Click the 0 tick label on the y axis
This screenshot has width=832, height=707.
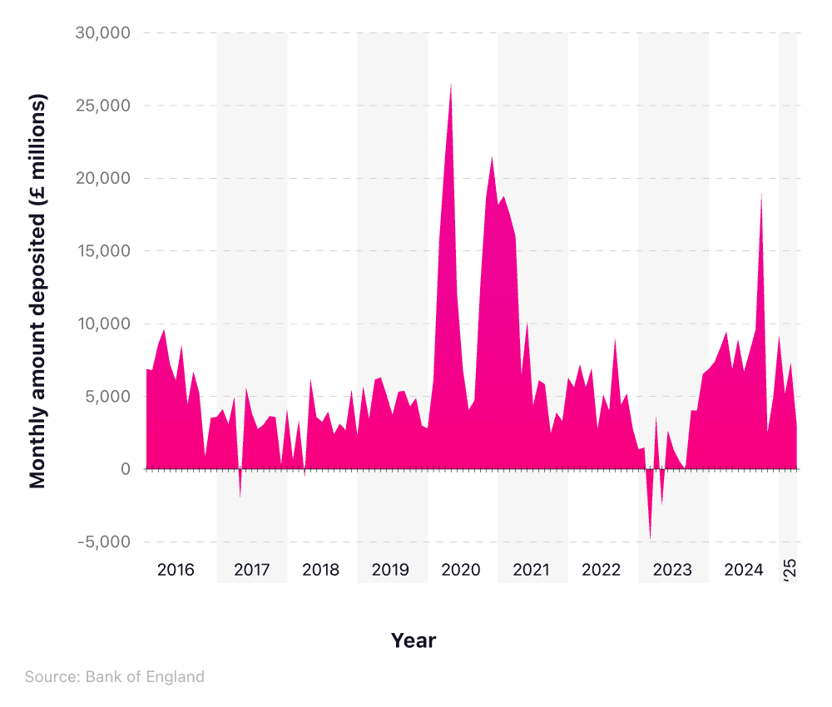[x=125, y=469]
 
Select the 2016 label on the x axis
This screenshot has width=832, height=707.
[x=176, y=570]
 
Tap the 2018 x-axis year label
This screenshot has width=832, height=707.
[x=321, y=570]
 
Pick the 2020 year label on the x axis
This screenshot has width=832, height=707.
[x=461, y=570]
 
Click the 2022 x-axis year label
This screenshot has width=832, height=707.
[x=602, y=570]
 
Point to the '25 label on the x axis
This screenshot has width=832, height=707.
[x=790, y=570]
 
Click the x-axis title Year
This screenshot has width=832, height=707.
[x=414, y=640]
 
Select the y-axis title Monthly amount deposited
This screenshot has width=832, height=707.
[x=38, y=291]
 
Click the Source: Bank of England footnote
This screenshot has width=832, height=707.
[x=114, y=676]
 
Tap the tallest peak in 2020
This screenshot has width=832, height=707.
[x=451, y=83]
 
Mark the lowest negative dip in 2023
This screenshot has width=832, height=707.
[x=650, y=538]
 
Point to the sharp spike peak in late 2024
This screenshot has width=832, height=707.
[x=761, y=195]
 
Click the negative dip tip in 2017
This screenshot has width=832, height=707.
[x=240, y=497]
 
